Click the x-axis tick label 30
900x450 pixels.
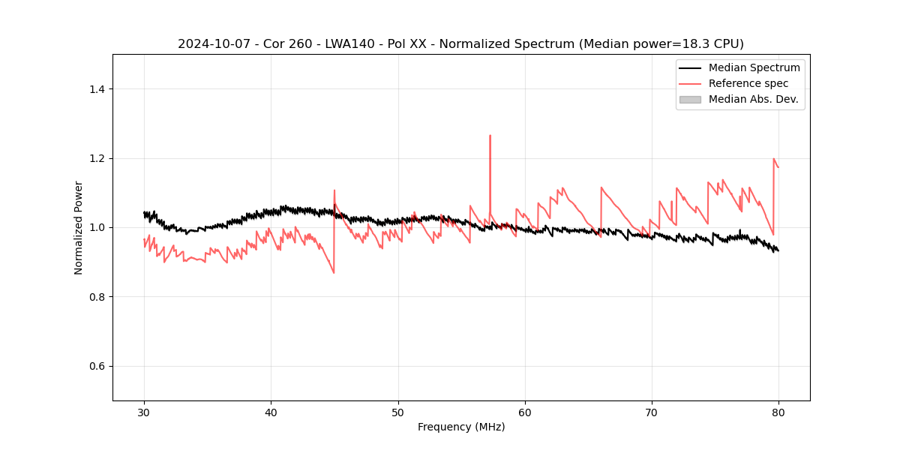tap(144, 412)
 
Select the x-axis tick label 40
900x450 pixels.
tap(271, 412)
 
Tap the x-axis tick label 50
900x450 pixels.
tap(398, 412)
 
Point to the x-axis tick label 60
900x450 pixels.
tap(525, 412)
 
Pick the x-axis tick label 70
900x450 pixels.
tap(652, 412)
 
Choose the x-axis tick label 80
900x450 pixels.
tap(778, 412)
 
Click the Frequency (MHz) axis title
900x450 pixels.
tap(461, 427)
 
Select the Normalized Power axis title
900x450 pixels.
tap(79, 227)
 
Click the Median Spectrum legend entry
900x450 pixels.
tap(754, 67)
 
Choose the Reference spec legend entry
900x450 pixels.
tap(748, 83)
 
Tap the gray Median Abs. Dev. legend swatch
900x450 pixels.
tap(690, 99)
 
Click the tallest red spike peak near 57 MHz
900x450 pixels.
tap(490, 136)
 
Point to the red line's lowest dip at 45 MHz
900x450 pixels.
tap(334, 272)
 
